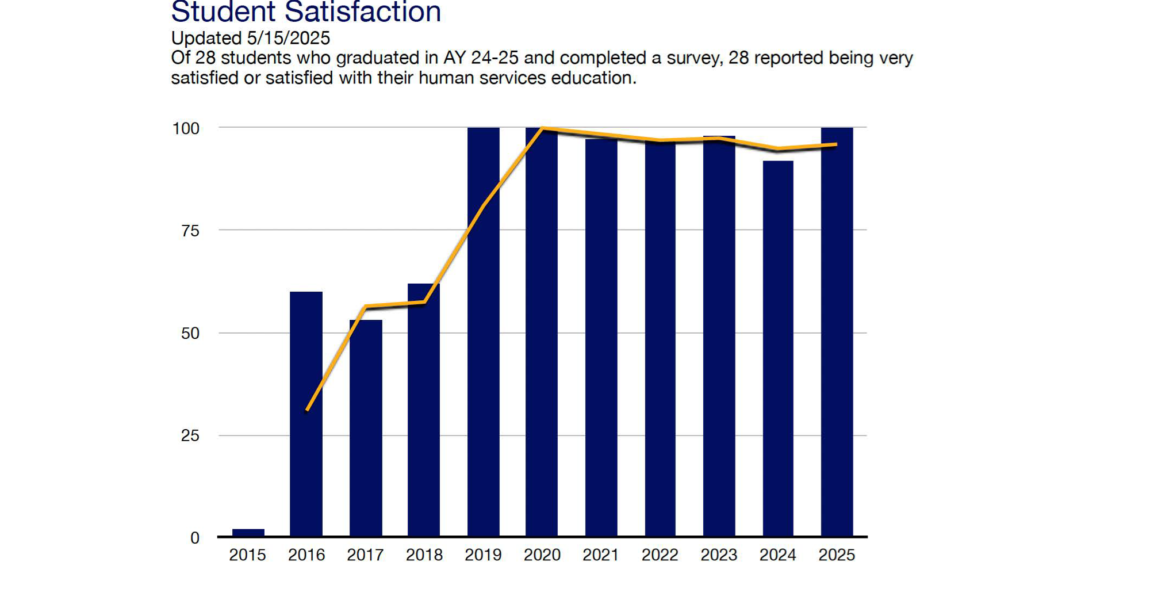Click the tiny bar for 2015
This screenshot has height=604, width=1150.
point(248,532)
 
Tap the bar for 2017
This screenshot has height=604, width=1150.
point(366,429)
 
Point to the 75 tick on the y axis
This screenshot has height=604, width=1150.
point(190,231)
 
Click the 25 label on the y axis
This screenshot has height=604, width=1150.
point(190,435)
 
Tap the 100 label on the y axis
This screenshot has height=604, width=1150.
point(186,128)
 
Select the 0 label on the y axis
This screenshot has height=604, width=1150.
point(195,538)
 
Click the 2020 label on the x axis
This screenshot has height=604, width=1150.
point(542,555)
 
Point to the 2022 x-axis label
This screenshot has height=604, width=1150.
point(660,555)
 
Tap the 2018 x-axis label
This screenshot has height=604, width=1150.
point(424,555)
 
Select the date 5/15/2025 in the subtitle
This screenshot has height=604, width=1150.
point(289,38)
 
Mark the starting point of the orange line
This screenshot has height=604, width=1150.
point(307,410)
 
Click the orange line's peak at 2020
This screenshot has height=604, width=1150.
point(542,128)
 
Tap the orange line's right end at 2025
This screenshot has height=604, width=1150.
point(836,145)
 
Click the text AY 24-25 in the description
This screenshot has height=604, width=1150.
point(481,58)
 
